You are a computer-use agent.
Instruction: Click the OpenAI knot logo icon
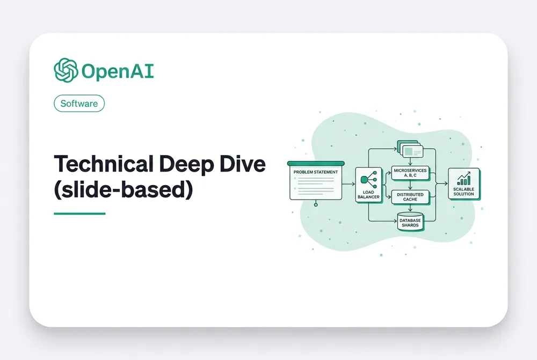(66, 70)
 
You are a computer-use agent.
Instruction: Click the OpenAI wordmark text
(118, 71)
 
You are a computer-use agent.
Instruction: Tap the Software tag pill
(79, 104)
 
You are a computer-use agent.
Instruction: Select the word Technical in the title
(104, 164)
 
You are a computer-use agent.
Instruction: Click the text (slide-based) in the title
(124, 189)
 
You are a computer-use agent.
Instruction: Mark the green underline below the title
(79, 214)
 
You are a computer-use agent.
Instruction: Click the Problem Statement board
(316, 180)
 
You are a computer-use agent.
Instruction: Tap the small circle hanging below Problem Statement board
(316, 204)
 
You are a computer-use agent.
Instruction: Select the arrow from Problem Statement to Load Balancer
(349, 184)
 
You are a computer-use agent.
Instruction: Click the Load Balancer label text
(368, 194)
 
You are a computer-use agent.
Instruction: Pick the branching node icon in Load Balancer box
(368, 179)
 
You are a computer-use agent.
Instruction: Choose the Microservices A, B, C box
(410, 173)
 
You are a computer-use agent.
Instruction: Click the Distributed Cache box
(410, 197)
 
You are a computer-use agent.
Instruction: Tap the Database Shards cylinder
(410, 222)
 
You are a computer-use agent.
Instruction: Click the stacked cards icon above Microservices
(410, 149)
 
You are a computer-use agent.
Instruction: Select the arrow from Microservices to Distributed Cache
(410, 185)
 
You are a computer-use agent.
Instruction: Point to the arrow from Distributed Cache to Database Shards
(410, 208)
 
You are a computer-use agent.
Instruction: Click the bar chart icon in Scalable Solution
(464, 179)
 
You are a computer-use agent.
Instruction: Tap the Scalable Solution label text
(464, 192)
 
